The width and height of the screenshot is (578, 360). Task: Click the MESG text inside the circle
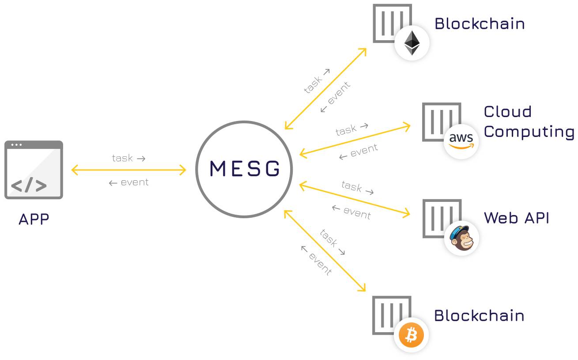pyautogui.click(x=245, y=169)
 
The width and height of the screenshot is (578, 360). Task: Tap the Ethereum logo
pyautogui.click(x=412, y=43)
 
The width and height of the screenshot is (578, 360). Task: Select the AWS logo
pyautogui.click(x=461, y=141)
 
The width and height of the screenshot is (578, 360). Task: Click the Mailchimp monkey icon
pyautogui.click(x=461, y=238)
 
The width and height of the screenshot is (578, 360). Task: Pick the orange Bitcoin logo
pyautogui.click(x=411, y=335)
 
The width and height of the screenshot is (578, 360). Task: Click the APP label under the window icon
pyautogui.click(x=34, y=220)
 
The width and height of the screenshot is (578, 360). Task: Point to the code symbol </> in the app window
pyautogui.click(x=29, y=185)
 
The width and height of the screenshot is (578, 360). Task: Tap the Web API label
pyautogui.click(x=517, y=218)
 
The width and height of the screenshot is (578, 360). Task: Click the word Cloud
pyautogui.click(x=507, y=112)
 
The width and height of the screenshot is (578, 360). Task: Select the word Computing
pyautogui.click(x=529, y=132)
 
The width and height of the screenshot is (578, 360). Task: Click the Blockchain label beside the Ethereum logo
pyautogui.click(x=480, y=24)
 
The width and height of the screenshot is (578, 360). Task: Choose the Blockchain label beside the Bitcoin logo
pyautogui.click(x=479, y=316)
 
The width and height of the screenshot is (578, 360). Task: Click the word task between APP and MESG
pyautogui.click(x=122, y=158)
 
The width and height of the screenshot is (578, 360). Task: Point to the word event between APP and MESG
pyautogui.click(x=135, y=182)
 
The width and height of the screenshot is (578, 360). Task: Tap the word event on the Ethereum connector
pyautogui.click(x=339, y=93)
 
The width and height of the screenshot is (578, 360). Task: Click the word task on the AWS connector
pyautogui.click(x=346, y=130)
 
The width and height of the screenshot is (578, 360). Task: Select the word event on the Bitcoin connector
pyautogui.click(x=320, y=264)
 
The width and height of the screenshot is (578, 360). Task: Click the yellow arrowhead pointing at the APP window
pyautogui.click(x=75, y=170)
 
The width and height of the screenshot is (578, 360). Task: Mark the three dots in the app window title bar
pyautogui.click(x=16, y=145)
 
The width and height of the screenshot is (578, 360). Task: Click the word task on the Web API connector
pyautogui.click(x=351, y=186)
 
